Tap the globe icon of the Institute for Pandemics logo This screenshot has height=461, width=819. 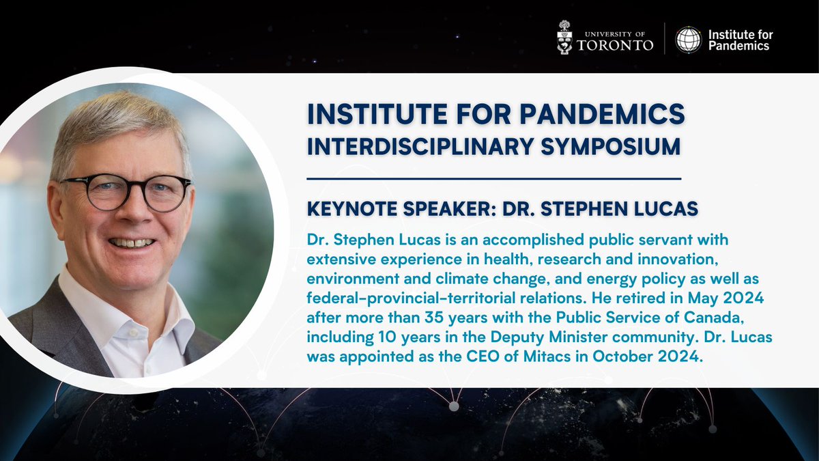tap(688, 40)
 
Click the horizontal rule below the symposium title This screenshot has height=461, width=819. tap(494, 179)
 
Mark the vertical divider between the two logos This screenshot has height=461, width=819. tap(665, 40)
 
